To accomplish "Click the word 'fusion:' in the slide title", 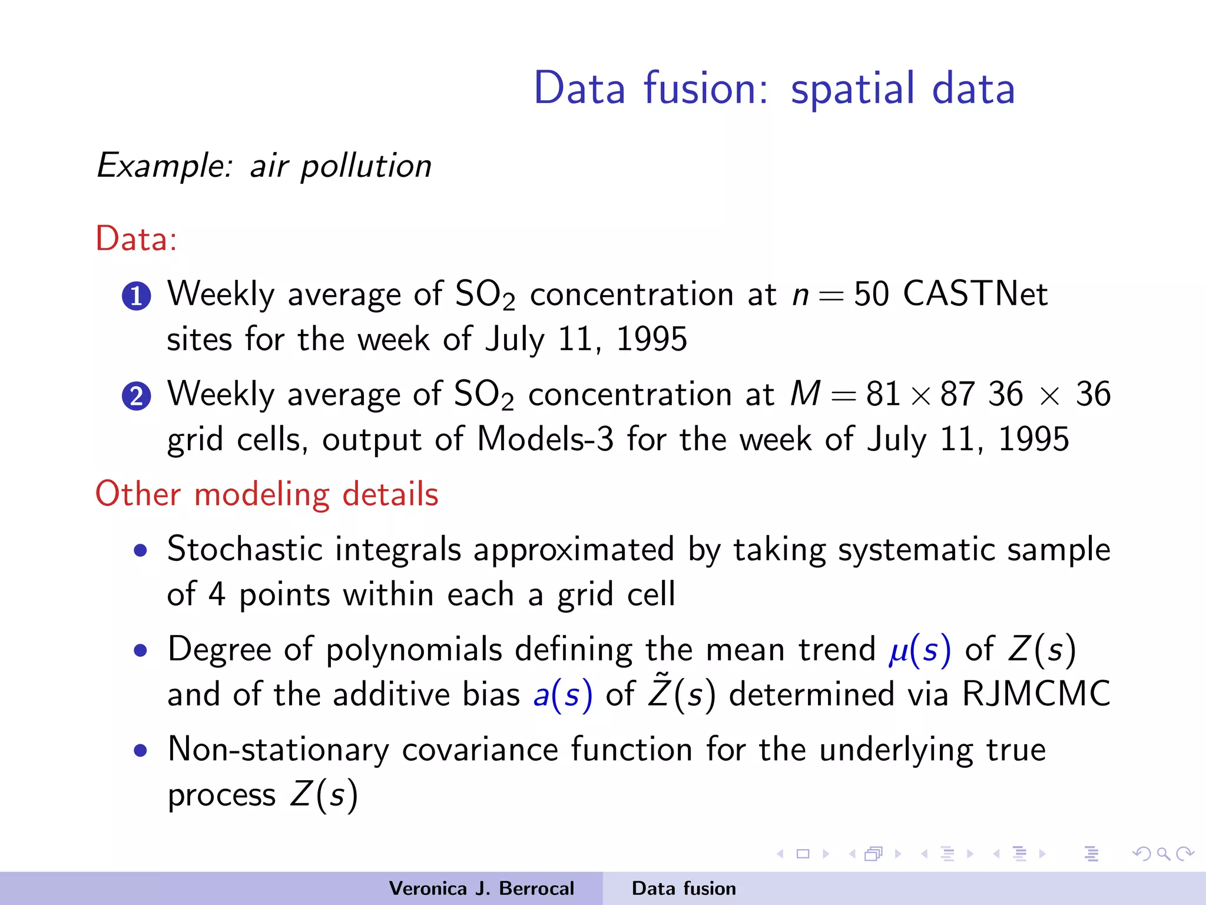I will (x=705, y=89).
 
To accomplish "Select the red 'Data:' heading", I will (x=136, y=239).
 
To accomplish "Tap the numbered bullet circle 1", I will (x=137, y=295).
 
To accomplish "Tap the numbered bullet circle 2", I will (x=137, y=395).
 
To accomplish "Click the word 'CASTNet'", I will (x=975, y=293).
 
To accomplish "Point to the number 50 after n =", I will (x=871, y=293).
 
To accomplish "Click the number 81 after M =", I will (x=883, y=394).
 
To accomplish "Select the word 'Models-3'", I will (x=545, y=439).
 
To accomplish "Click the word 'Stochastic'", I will (x=244, y=549).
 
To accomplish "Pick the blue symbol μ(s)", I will (x=919, y=649).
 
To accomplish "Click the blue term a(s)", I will (x=562, y=694).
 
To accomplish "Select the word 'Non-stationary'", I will (x=279, y=749).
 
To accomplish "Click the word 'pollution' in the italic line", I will (x=366, y=166).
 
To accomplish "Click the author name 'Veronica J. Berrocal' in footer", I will (x=481, y=889).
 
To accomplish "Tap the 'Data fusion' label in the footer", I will (x=684, y=889).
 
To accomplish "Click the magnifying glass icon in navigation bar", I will (x=1164, y=853).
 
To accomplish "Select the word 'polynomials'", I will (x=414, y=649).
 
